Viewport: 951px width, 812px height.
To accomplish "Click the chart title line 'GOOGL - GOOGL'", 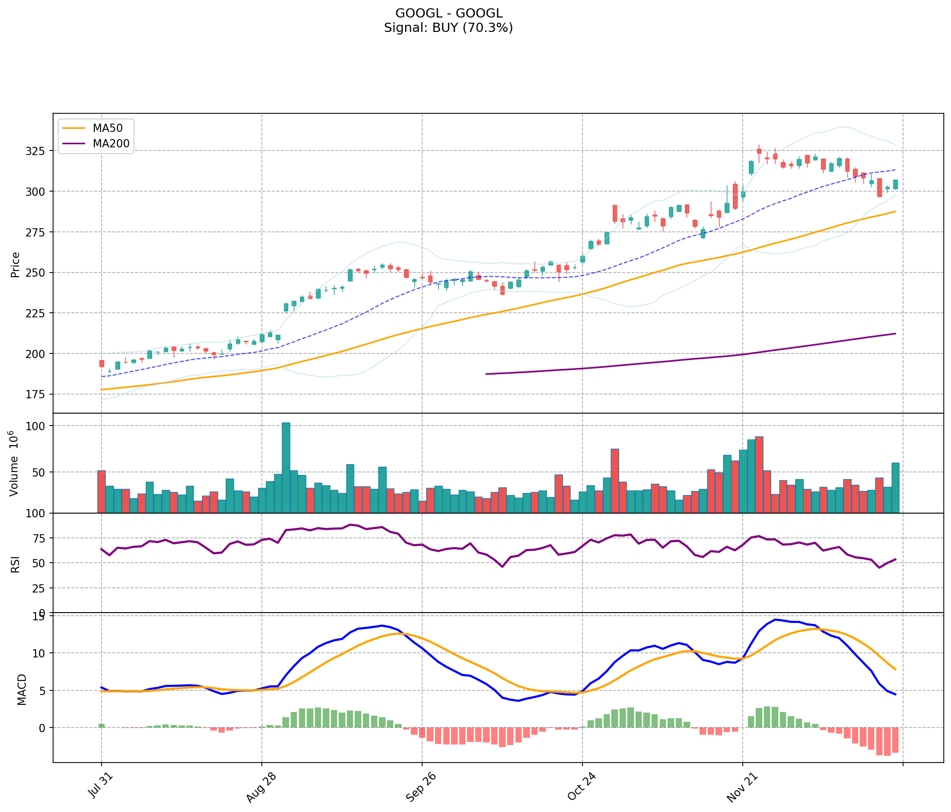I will click(x=448, y=13).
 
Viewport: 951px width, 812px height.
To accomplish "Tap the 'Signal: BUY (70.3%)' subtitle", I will click(x=448, y=28).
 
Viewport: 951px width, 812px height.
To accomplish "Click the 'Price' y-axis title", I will click(x=15, y=264).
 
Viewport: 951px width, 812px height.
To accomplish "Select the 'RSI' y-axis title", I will click(x=15, y=564).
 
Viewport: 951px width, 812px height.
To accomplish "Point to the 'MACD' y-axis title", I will click(x=22, y=689).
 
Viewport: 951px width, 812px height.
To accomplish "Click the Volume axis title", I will click(x=14, y=463).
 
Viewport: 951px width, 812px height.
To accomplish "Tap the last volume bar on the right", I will click(x=895, y=487).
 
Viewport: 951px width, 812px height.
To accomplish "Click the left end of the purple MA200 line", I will click(x=487, y=374).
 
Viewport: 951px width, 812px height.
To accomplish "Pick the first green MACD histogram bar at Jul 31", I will click(x=102, y=725).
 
